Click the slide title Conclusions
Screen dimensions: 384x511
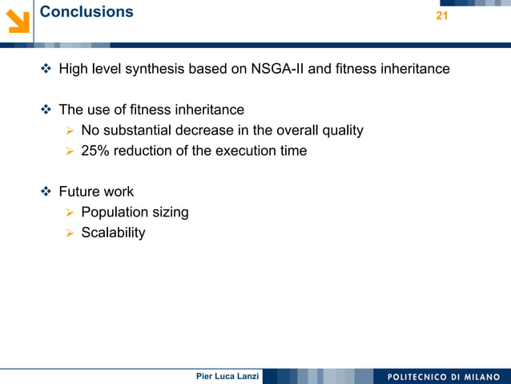tap(87, 12)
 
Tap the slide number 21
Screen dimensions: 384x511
tap(441, 17)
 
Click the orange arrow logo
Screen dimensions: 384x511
tap(17, 19)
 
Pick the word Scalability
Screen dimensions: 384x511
tap(113, 232)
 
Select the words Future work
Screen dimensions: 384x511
tap(96, 192)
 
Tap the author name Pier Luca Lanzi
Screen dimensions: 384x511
tap(227, 377)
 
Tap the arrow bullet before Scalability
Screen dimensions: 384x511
tap(70, 233)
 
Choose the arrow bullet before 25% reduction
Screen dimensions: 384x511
tap(70, 151)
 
